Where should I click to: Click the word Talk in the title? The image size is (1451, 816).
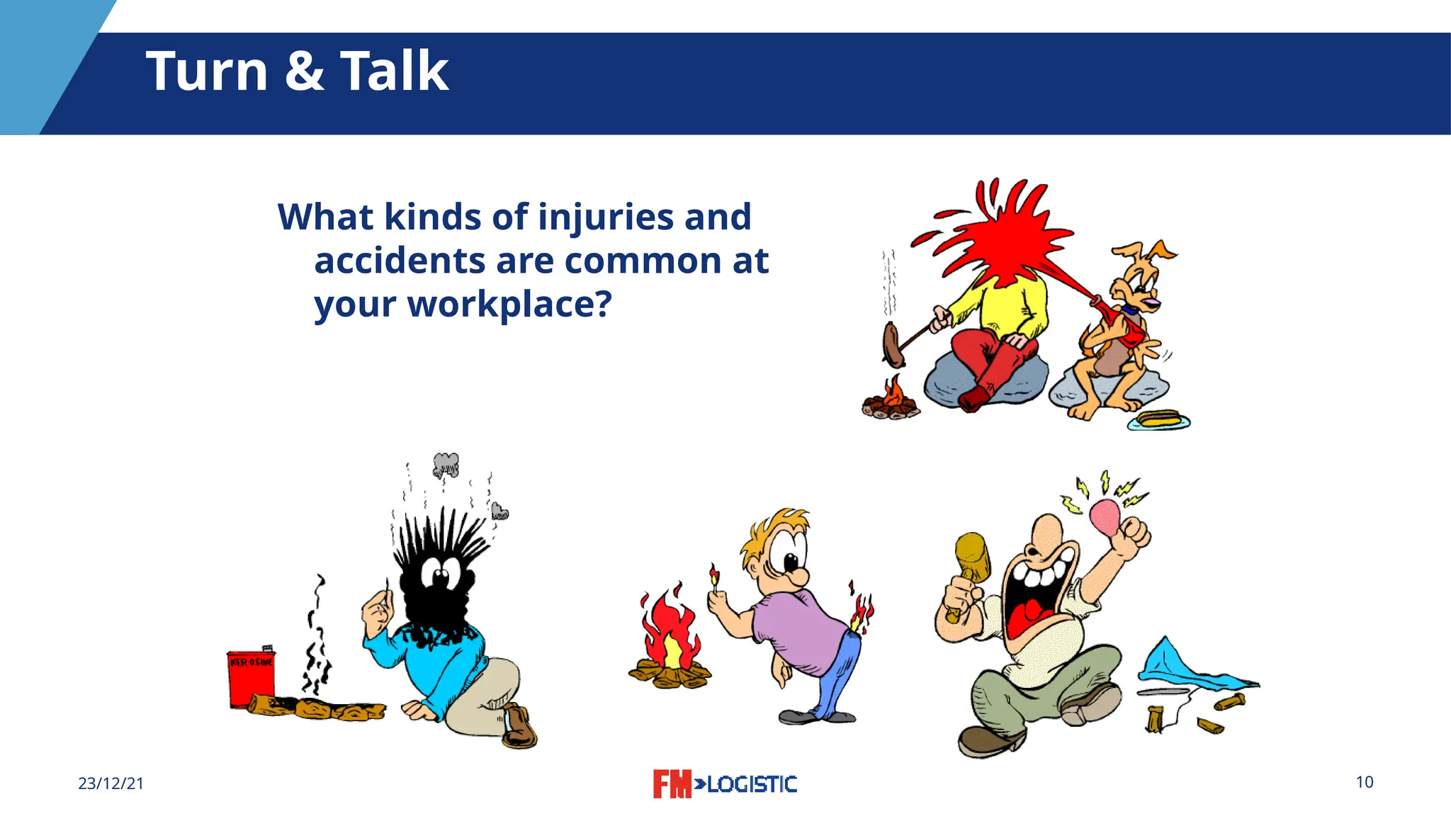pos(394,72)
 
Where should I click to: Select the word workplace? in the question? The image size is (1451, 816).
pos(509,305)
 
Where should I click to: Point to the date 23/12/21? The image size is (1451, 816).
pos(111,783)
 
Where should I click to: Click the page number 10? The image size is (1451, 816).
pos(1365,782)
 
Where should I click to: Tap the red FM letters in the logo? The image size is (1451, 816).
pos(671,783)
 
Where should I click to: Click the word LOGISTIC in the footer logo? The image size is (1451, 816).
pos(752,784)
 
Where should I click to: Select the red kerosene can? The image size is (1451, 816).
pos(251,679)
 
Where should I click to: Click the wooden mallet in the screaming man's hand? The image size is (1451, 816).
pos(972,556)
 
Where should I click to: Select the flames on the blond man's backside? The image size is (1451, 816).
pos(862,611)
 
